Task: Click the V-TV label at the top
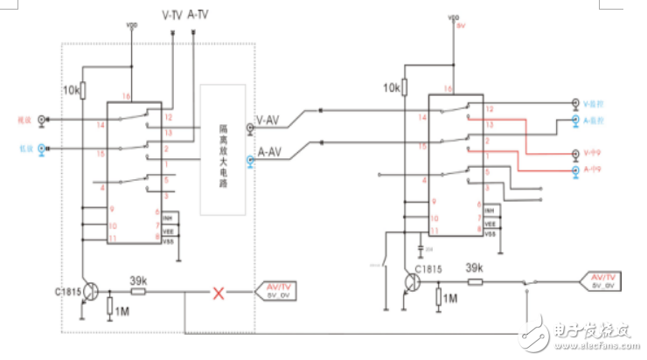172,15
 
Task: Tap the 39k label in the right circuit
475,267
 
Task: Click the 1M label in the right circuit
450,298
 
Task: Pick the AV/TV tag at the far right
605,280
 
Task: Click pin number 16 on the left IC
126,97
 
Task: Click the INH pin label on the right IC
490,212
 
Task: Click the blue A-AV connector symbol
251,160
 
